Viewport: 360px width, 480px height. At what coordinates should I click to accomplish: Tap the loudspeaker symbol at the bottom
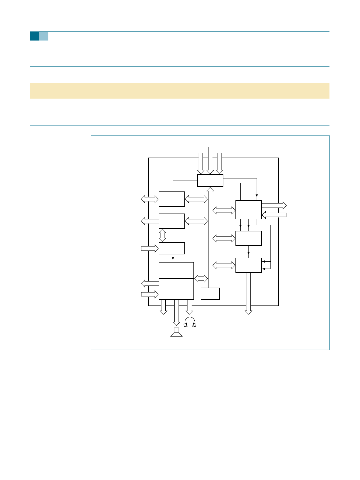click(176, 332)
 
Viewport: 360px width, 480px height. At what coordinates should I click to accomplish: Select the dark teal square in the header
click(34, 36)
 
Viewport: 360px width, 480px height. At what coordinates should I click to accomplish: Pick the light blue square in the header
click(44, 36)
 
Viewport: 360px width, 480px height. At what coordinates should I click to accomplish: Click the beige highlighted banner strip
click(180, 91)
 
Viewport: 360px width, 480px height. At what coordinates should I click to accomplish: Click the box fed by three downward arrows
click(210, 181)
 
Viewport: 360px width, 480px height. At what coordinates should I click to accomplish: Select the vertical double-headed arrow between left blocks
click(163, 235)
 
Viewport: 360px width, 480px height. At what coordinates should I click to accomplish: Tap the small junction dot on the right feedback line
click(270, 261)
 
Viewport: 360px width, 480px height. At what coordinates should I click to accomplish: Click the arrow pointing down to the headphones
click(189, 307)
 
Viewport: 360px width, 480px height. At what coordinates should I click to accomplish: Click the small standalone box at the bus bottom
click(210, 293)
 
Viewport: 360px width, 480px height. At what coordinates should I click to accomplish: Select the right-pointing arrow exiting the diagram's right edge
click(274, 205)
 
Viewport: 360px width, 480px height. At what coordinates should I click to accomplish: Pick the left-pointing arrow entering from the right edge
click(274, 215)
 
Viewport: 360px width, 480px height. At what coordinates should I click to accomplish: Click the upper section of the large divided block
click(176, 270)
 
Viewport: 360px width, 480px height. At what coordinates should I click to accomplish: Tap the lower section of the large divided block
click(176, 289)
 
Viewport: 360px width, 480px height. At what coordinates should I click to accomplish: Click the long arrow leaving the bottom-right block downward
click(248, 293)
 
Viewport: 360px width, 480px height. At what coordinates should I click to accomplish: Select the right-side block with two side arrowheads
click(248, 265)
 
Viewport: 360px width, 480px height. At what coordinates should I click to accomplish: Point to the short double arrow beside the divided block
click(201, 279)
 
